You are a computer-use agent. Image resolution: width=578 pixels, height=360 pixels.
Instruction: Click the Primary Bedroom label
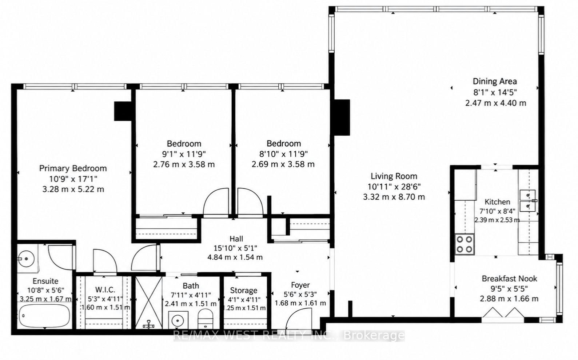click(73, 168)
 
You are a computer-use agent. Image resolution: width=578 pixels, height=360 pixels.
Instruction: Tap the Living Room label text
click(394, 176)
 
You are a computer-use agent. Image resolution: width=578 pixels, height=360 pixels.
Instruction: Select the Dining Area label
click(495, 81)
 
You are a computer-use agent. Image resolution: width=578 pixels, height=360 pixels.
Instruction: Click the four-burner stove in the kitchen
click(464, 244)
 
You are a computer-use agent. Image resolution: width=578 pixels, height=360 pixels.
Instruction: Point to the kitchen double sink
click(528, 201)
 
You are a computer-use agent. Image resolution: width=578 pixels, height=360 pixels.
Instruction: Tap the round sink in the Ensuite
click(26, 259)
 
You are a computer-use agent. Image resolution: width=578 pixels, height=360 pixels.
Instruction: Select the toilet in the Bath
click(206, 319)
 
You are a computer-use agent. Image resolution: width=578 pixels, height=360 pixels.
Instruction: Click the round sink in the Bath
click(178, 320)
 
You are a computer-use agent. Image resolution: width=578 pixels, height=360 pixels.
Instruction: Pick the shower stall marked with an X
click(149, 303)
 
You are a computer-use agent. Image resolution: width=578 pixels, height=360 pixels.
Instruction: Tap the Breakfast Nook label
click(509, 279)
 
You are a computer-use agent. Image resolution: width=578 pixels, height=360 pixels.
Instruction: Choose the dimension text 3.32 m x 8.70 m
click(394, 197)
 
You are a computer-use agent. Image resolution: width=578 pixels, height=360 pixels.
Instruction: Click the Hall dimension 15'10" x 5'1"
click(235, 248)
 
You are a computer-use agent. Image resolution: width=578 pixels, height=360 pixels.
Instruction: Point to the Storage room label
click(244, 291)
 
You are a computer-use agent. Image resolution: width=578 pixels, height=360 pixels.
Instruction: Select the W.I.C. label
click(105, 290)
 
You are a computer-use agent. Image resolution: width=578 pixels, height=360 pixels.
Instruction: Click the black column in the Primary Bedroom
click(123, 111)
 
